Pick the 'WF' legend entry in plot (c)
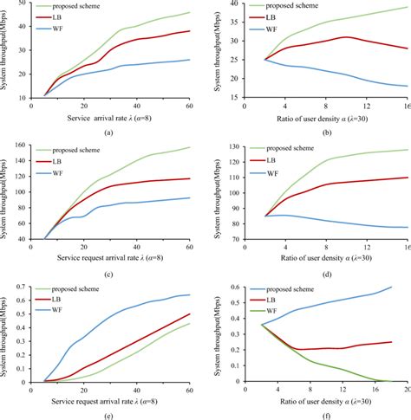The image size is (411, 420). [71, 173]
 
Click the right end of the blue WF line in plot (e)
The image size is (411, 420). [189, 295]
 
